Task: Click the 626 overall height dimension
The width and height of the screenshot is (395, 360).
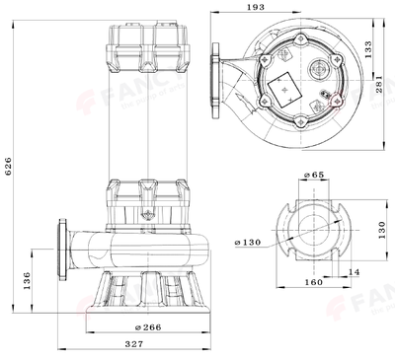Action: [x=9, y=169]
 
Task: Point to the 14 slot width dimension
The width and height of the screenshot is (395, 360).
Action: [x=354, y=270]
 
